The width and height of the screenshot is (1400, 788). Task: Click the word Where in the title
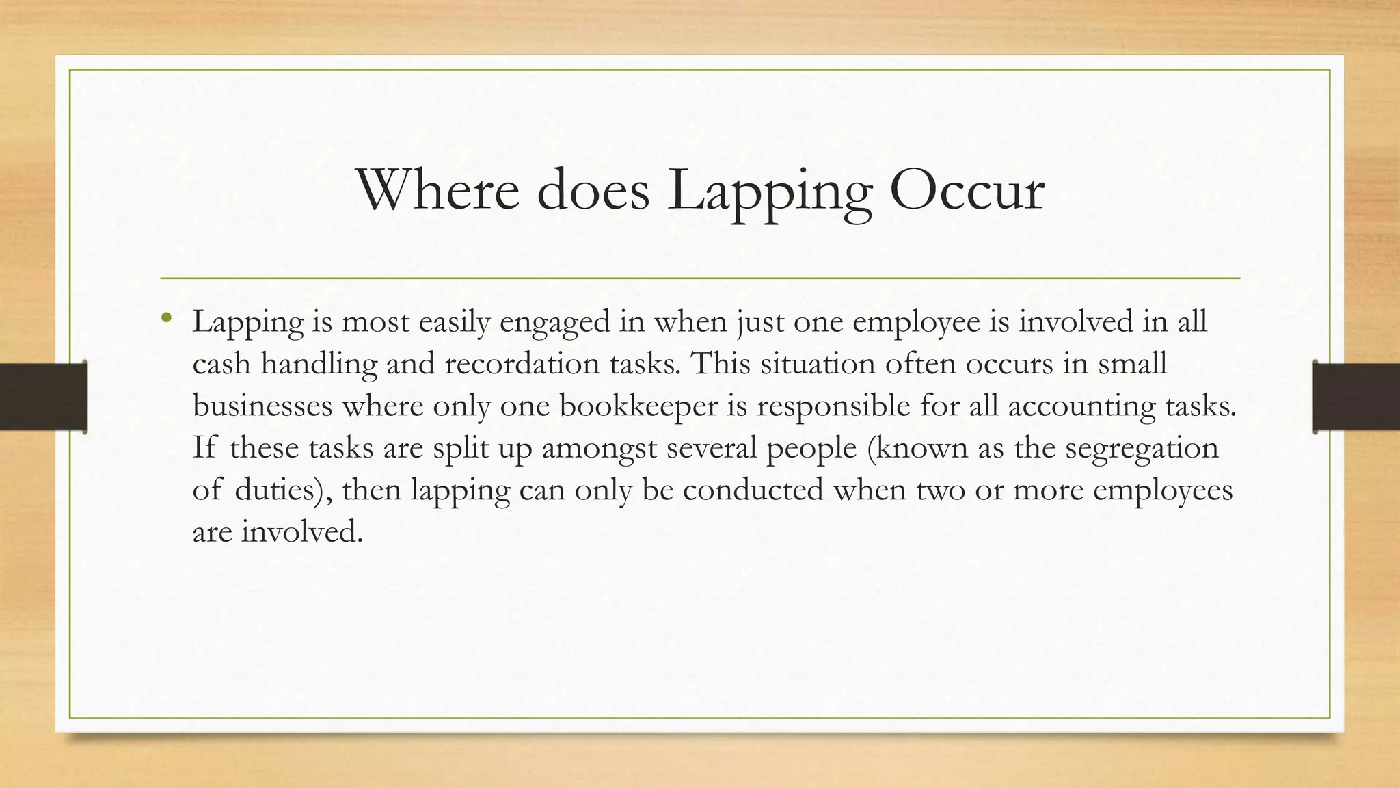pyautogui.click(x=437, y=190)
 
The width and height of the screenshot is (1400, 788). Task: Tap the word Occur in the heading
pyautogui.click(x=967, y=190)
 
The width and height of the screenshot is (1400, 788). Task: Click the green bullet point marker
pyautogui.click(x=166, y=317)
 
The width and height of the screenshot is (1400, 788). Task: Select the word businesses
pyautogui.click(x=262, y=406)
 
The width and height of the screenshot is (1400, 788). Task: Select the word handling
pyautogui.click(x=319, y=364)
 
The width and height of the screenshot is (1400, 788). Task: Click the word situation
pyautogui.click(x=818, y=364)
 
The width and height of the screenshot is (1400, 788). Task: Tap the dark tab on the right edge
pyautogui.click(x=1356, y=397)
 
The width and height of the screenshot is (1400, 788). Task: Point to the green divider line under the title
pyautogui.click(x=700, y=278)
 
